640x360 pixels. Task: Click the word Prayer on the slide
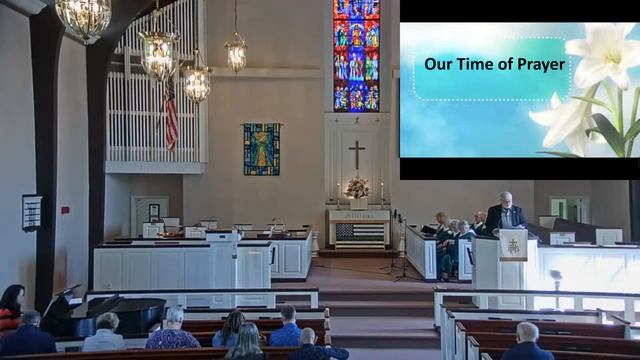(538, 65)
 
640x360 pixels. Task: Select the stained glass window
(356, 55)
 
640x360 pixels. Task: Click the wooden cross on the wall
(356, 153)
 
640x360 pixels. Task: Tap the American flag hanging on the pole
(171, 115)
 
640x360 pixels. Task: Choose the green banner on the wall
(261, 149)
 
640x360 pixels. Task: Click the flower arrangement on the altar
(356, 187)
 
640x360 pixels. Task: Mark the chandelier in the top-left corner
(83, 17)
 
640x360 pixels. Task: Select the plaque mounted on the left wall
(32, 212)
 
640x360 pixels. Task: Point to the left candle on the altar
(337, 193)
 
